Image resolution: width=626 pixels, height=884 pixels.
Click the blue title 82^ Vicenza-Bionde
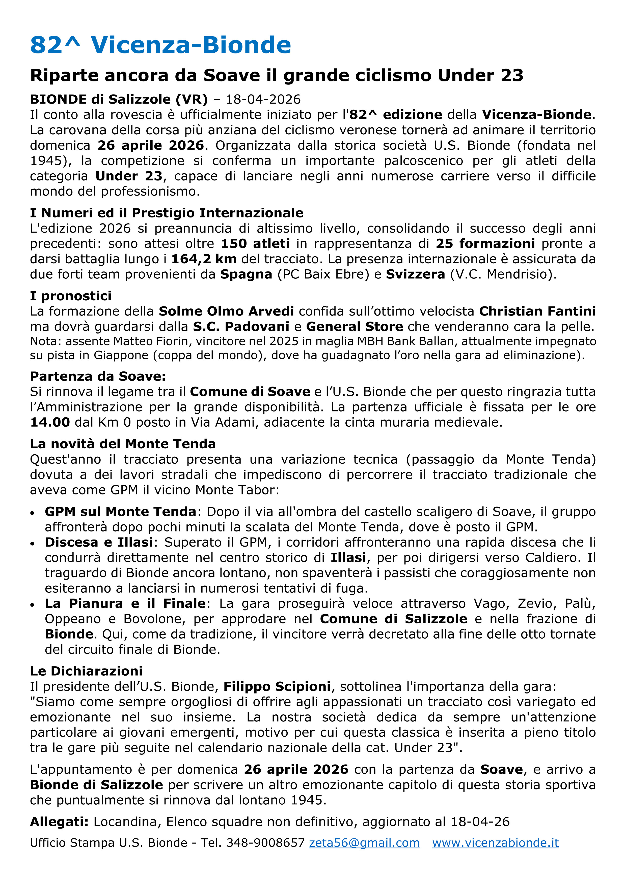pyautogui.click(x=160, y=45)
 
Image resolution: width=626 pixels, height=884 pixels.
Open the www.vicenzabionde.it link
pyautogui.click(x=495, y=843)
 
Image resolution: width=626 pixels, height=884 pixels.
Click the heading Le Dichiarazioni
pyautogui.click(x=86, y=671)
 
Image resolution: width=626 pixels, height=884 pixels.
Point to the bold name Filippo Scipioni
pyautogui.click(x=277, y=686)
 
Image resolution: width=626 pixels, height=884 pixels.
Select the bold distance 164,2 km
pyautogui.click(x=204, y=259)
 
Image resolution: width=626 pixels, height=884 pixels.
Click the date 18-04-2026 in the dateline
pyautogui.click(x=263, y=99)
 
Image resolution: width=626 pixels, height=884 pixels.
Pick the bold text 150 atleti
pyautogui.click(x=255, y=243)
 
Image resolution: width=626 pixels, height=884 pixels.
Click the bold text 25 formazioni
pyautogui.click(x=485, y=243)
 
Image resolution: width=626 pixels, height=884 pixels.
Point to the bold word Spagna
pyautogui.click(x=246, y=274)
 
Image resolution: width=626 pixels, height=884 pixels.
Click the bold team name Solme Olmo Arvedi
pyautogui.click(x=226, y=311)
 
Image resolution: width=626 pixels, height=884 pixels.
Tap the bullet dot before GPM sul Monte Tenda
pyautogui.click(x=33, y=513)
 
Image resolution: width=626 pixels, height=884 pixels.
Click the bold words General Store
pyautogui.click(x=354, y=327)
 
